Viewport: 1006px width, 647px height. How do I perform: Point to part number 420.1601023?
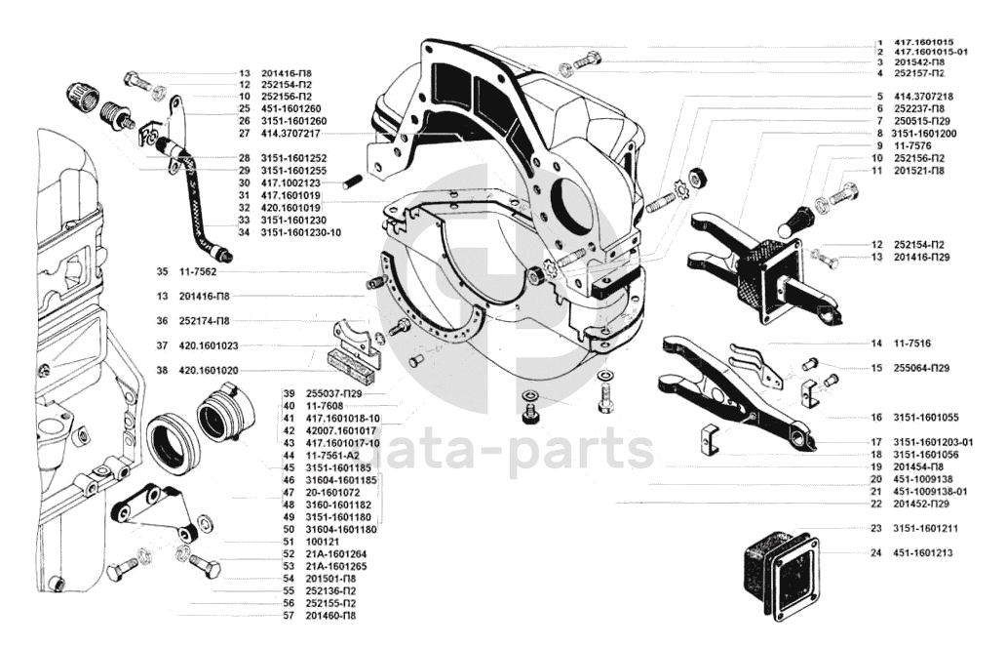209,345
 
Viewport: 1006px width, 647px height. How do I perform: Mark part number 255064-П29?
922,368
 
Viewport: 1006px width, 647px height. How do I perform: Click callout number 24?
876,553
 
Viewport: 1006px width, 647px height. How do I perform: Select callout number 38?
162,371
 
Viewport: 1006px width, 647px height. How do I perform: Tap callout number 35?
162,271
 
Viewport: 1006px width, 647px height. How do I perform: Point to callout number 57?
289,616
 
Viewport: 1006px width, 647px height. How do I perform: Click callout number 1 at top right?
878,42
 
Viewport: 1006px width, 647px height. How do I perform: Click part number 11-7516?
912,344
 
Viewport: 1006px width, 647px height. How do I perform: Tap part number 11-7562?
199,271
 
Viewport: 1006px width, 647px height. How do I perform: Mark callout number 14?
876,344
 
